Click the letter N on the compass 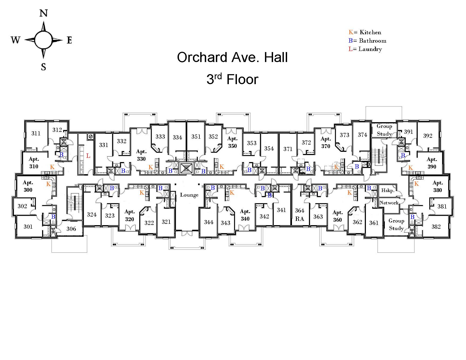pyautogui.click(x=43, y=13)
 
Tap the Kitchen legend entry pyautogui.click(x=365, y=32)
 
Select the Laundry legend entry pyautogui.click(x=365, y=49)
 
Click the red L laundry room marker pyautogui.click(x=88, y=156)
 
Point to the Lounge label pyautogui.click(x=189, y=195)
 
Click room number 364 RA pyautogui.click(x=300, y=214)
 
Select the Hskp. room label pyautogui.click(x=387, y=191)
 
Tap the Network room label pyautogui.click(x=389, y=203)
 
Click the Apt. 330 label pyautogui.click(x=141, y=155)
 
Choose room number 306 pyautogui.click(x=71, y=229)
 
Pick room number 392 pyautogui.click(x=428, y=136)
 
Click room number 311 pyautogui.click(x=36, y=133)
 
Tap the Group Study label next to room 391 pyautogui.click(x=384, y=130)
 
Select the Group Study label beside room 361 pyautogui.click(x=396, y=224)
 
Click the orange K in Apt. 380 pyautogui.click(x=416, y=184)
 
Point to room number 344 pyautogui.click(x=209, y=222)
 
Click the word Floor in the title pyautogui.click(x=242, y=80)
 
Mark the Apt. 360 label pyautogui.click(x=337, y=216)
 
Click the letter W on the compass pyautogui.click(x=16, y=40)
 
